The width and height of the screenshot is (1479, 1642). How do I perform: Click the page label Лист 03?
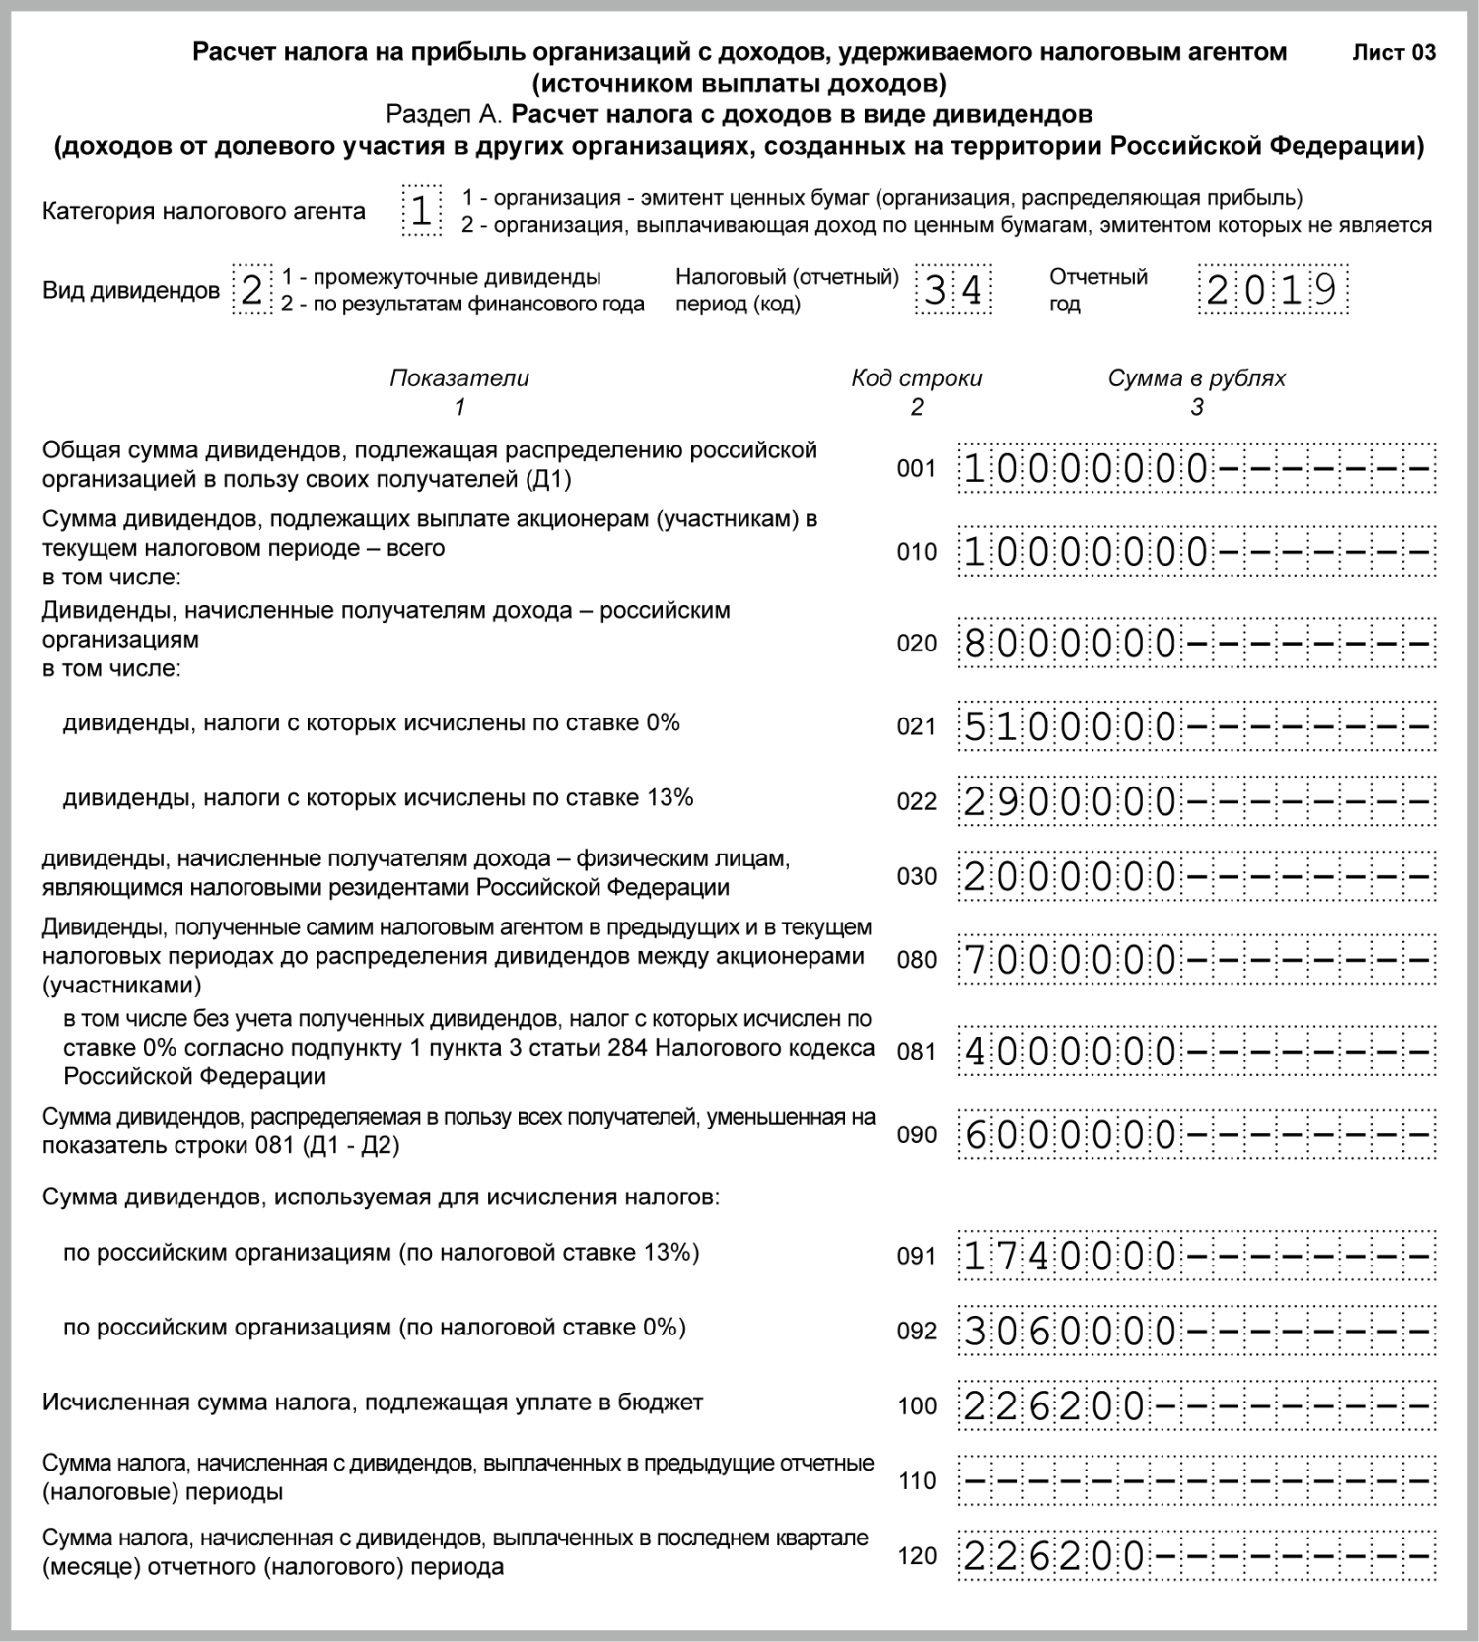(1393, 53)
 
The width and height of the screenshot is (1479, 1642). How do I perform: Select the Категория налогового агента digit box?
(421, 211)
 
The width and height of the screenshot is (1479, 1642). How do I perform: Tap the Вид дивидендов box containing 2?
(251, 290)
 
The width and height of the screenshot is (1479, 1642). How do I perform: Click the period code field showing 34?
(952, 290)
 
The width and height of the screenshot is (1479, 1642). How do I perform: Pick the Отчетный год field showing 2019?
(1272, 290)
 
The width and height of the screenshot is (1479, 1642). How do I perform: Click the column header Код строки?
(916, 378)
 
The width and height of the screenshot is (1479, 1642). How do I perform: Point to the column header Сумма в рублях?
(1196, 378)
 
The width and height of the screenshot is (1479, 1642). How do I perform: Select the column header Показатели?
(459, 378)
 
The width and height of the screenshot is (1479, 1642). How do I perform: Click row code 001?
(916, 469)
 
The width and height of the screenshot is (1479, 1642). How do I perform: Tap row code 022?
(916, 802)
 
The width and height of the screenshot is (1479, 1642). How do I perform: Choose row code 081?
(916, 1052)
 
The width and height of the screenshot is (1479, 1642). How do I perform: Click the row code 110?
(917, 1481)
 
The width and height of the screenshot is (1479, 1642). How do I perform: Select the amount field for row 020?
(1196, 644)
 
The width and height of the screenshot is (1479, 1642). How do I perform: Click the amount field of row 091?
(1196, 1256)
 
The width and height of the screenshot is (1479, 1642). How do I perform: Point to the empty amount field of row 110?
(1196, 1480)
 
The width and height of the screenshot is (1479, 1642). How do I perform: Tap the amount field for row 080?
(1196, 960)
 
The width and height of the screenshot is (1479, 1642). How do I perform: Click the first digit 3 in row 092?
(975, 1332)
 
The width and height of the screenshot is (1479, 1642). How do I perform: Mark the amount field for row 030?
(1196, 876)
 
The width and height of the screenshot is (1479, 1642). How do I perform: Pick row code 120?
(917, 1556)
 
